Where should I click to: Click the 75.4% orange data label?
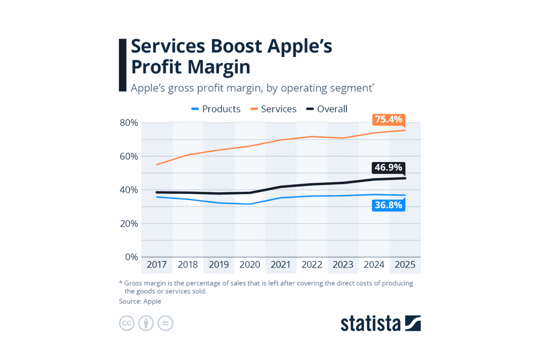(x=389, y=120)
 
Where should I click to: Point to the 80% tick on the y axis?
(x=128, y=123)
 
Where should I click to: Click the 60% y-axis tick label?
(x=128, y=157)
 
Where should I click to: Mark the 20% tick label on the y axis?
(x=128, y=224)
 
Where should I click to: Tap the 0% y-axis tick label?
(x=130, y=257)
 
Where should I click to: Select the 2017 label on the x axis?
(x=157, y=265)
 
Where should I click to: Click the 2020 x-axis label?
(x=250, y=265)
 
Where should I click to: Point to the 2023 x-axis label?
(x=343, y=265)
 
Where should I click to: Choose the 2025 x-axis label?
(x=405, y=265)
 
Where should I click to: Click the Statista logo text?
(x=370, y=324)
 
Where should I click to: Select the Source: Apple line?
(x=140, y=301)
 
